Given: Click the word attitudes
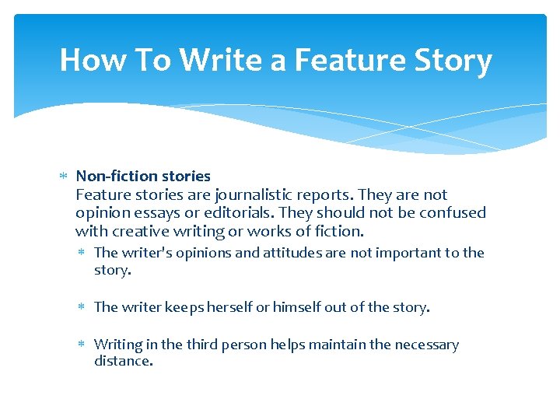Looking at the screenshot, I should point(297,253).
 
